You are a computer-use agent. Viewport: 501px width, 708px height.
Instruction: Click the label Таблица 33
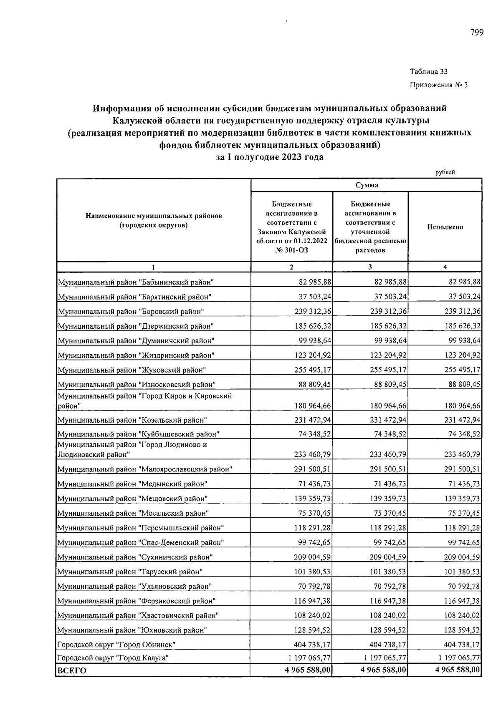click(429, 72)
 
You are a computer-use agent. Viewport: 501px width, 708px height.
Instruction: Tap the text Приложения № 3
click(439, 85)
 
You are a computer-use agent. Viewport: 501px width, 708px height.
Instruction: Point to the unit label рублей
click(445, 172)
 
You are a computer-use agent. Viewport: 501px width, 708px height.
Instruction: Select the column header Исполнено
click(445, 227)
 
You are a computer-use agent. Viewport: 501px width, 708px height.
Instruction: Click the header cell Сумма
click(367, 185)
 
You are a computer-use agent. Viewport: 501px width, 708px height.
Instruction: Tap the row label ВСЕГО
click(72, 670)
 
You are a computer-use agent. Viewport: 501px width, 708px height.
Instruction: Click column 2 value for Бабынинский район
click(315, 282)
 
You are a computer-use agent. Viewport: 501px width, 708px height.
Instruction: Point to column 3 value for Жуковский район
click(388, 370)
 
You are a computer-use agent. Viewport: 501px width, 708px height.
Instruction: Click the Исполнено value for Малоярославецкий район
click(462, 469)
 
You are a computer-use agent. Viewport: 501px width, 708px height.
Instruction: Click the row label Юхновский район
click(132, 630)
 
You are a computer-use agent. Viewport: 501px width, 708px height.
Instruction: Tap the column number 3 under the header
click(370, 267)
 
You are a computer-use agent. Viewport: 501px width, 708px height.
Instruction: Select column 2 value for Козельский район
click(313, 420)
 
